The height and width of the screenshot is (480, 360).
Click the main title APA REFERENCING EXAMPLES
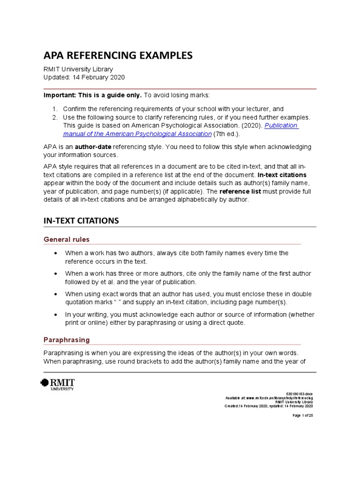pyautogui.click(x=118, y=55)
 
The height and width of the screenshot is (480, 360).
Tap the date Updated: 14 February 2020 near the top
pyautogui.click(x=84, y=77)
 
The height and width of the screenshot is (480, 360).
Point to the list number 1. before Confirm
pyautogui.click(x=54, y=109)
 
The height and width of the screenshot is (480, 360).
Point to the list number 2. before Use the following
pyautogui.click(x=54, y=117)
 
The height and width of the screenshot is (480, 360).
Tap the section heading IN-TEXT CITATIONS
pyautogui.click(x=81, y=220)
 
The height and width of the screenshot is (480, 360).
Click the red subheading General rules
pyautogui.click(x=66, y=240)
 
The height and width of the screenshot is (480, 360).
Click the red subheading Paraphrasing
pyautogui.click(x=67, y=339)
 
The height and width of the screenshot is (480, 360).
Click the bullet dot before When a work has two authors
pyautogui.click(x=56, y=253)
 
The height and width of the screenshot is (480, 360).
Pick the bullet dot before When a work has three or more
pyautogui.click(x=56, y=274)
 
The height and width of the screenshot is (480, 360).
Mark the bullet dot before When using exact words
pyautogui.click(x=56, y=294)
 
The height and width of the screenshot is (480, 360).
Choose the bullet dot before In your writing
pyautogui.click(x=56, y=315)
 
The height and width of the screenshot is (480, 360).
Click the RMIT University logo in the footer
pyautogui.click(x=58, y=384)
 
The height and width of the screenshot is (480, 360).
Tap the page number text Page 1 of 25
pyautogui.click(x=302, y=415)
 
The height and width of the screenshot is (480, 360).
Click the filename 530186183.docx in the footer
pyautogui.click(x=300, y=394)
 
